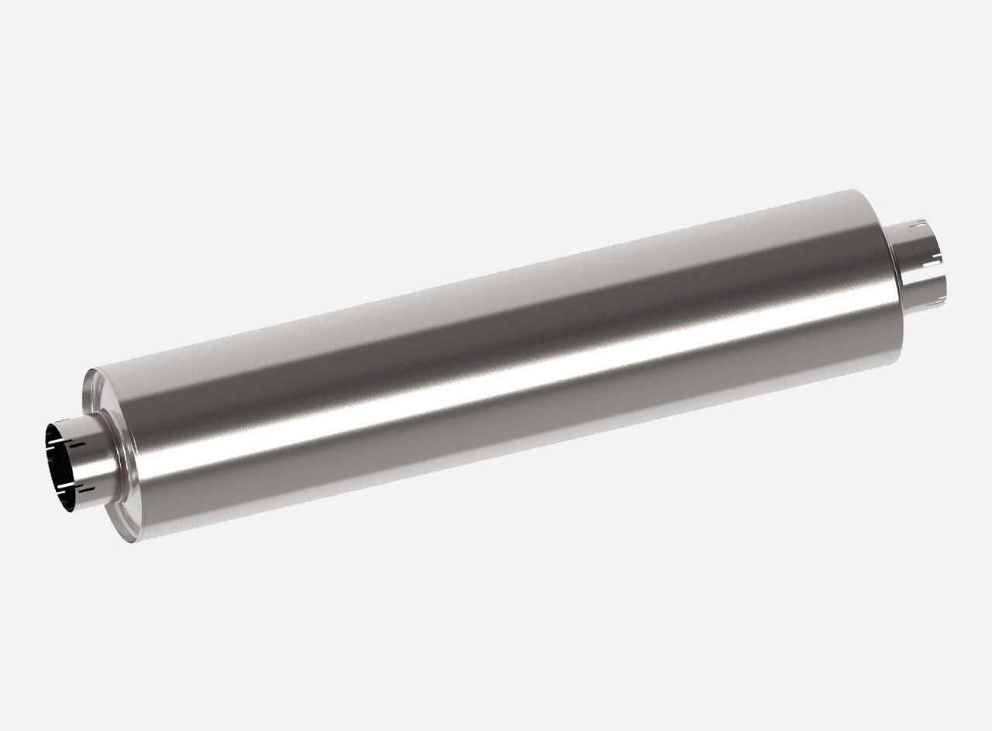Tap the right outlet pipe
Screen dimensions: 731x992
click(914, 260)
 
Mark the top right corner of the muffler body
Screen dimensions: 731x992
click(852, 191)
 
